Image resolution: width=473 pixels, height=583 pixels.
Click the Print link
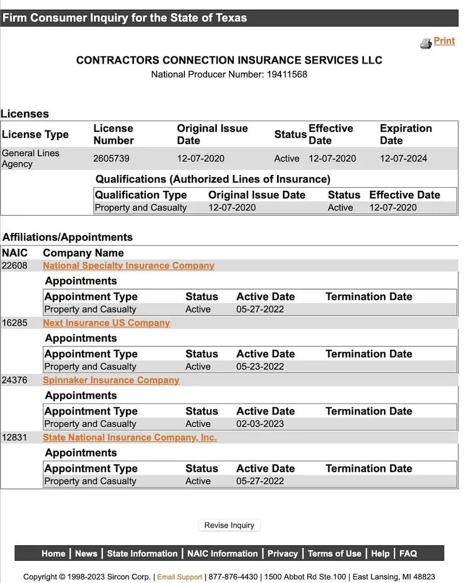444,41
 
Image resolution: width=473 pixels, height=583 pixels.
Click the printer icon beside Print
426,43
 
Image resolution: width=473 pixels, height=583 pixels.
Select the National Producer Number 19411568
286,75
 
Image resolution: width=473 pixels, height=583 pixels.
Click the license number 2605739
111,159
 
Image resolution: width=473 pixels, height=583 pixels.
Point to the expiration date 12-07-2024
404,159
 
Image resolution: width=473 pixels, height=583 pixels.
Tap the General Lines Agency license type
30,159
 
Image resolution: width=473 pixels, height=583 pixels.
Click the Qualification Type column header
141,195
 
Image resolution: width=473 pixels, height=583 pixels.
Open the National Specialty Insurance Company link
128,266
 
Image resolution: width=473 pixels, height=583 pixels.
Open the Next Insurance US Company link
106,323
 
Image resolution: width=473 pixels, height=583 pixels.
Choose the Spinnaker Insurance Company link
111,380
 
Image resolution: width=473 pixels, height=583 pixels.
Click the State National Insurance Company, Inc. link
129,437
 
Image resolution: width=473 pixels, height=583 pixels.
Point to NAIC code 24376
14,380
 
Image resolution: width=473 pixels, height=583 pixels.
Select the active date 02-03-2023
260,424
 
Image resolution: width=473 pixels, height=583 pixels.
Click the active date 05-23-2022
260,367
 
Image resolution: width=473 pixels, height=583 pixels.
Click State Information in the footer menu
142,554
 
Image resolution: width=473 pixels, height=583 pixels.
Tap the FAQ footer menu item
408,554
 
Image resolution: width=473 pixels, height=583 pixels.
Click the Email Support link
180,577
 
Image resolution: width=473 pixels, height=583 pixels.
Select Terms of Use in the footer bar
334,554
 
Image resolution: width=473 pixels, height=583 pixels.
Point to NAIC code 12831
14,437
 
